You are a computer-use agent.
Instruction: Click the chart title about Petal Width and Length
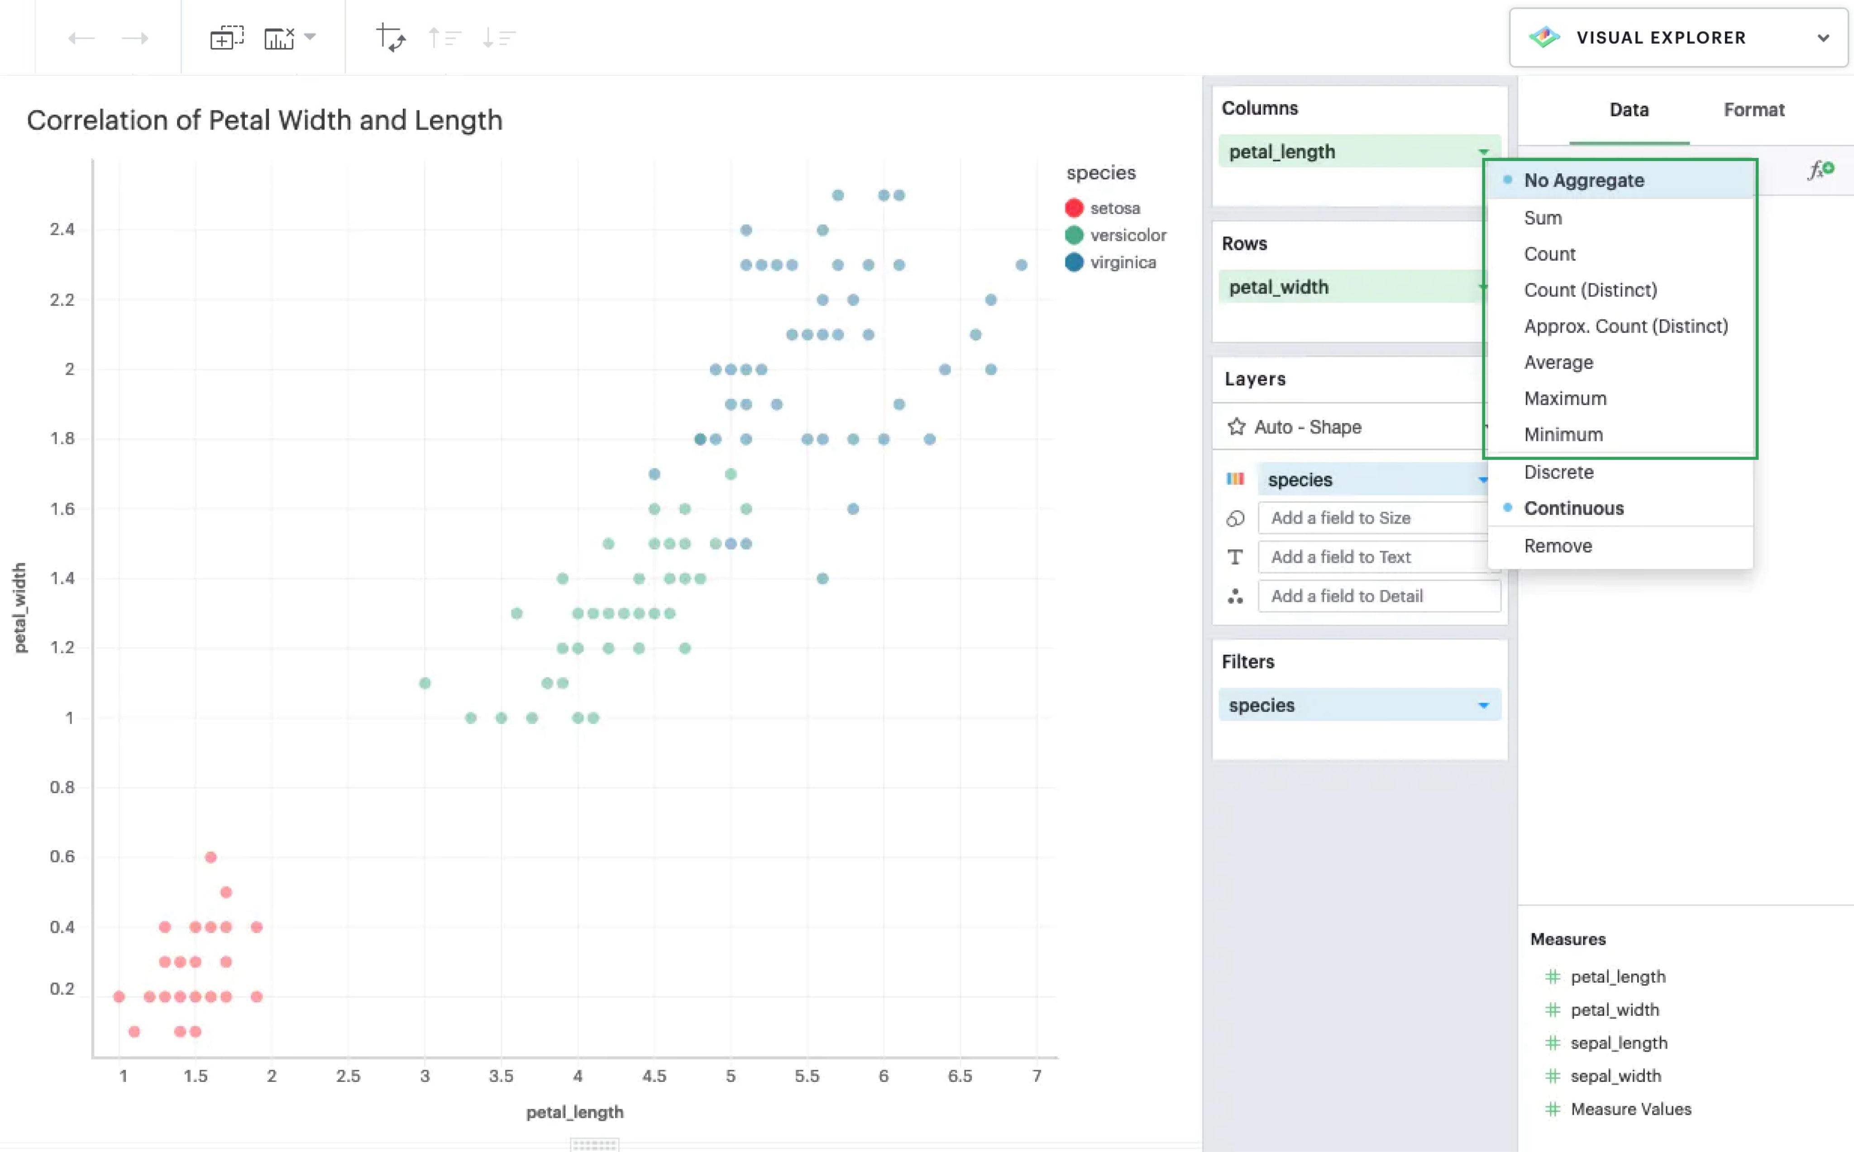[x=264, y=120]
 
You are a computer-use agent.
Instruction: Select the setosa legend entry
[x=1113, y=208]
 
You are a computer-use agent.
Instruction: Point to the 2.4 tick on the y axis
[x=62, y=229]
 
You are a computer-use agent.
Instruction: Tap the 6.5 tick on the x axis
[x=960, y=1076]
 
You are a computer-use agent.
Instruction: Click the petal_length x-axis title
[x=574, y=1112]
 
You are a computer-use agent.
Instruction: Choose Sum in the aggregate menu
[x=1542, y=218]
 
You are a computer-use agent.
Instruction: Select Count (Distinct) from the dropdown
[x=1590, y=290]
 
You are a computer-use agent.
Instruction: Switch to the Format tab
[x=1754, y=109]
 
